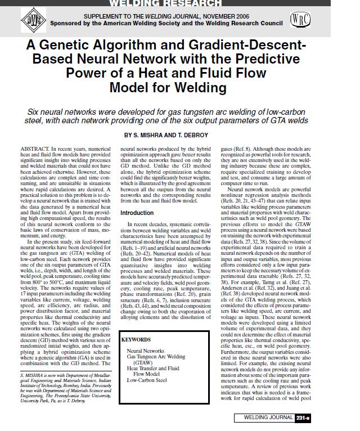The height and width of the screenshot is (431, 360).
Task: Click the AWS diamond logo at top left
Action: click(x=29, y=20)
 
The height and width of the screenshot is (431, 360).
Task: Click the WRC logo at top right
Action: click(x=300, y=20)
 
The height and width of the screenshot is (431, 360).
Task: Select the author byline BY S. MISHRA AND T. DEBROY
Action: click(x=166, y=136)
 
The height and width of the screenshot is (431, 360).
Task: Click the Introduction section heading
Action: click(x=137, y=213)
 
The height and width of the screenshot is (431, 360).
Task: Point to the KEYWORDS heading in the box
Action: click(x=136, y=340)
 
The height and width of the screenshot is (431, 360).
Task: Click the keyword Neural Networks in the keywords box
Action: click(x=146, y=351)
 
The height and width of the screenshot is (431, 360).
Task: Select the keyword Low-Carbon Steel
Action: click(x=147, y=380)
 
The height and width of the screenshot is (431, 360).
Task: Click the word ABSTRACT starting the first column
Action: click(x=34, y=147)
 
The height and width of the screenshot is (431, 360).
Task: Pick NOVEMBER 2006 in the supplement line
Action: click(x=235, y=16)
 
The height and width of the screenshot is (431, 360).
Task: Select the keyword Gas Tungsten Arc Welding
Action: click(x=156, y=357)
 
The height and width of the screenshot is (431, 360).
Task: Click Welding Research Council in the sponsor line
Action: click(x=242, y=24)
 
